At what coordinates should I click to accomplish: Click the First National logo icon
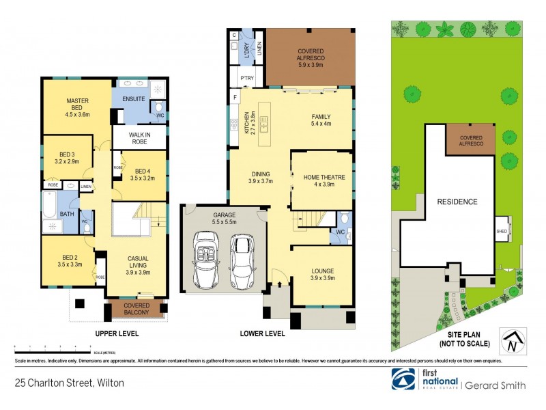click(403, 379)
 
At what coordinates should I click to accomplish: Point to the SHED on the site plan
click(502, 232)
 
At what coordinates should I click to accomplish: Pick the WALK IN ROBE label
click(139, 137)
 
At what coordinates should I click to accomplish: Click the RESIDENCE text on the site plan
click(457, 202)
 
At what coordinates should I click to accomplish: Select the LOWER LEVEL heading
click(263, 334)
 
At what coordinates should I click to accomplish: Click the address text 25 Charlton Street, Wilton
click(70, 384)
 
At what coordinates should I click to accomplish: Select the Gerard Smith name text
click(496, 385)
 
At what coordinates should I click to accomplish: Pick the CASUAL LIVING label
click(139, 263)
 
